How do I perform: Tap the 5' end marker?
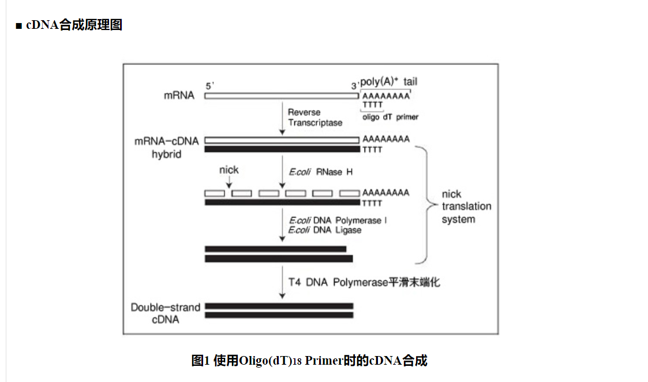click(209, 85)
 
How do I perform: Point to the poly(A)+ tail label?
click(388, 82)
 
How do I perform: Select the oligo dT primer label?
click(390, 117)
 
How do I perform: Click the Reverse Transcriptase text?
click(315, 117)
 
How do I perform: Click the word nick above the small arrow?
click(229, 170)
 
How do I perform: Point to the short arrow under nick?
click(229, 182)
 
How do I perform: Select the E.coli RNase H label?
click(321, 172)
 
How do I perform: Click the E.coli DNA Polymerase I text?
click(338, 220)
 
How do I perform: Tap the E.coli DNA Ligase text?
click(325, 230)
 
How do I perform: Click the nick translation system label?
click(466, 207)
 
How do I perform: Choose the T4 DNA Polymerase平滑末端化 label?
click(365, 282)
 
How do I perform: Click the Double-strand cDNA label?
click(165, 313)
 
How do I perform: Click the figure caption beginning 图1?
click(309, 361)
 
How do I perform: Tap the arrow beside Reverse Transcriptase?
click(282, 119)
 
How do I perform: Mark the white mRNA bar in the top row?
click(281, 96)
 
